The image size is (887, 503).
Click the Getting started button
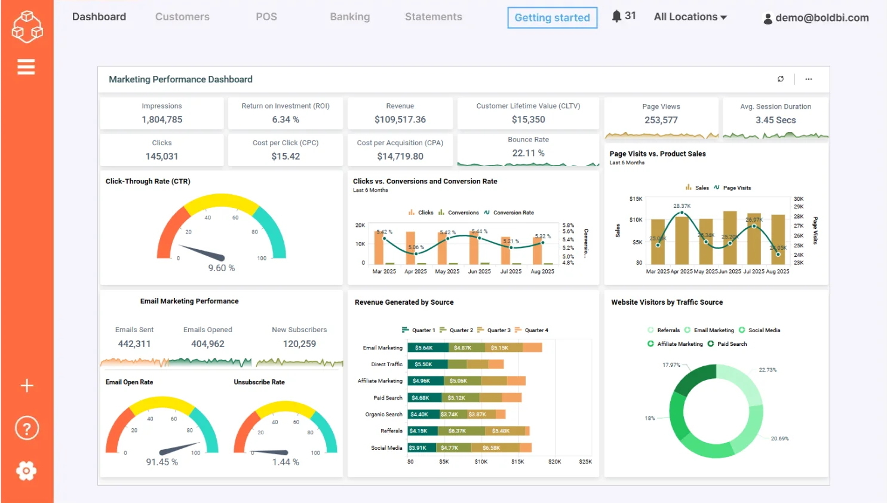(552, 18)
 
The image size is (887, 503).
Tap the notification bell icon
(616, 16)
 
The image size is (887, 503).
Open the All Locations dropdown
(690, 17)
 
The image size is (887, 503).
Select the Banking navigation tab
(349, 17)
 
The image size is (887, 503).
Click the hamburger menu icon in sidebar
(26, 67)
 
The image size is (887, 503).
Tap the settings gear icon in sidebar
(26, 471)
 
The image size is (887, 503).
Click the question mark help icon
(26, 428)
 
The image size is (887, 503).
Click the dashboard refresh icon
(780, 79)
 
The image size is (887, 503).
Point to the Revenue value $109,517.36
(400, 119)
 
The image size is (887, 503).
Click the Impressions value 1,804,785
(162, 119)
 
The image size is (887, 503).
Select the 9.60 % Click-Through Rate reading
(221, 268)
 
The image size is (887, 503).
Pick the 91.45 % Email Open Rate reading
(162, 462)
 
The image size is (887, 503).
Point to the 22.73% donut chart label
(768, 370)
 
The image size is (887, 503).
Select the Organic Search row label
(383, 414)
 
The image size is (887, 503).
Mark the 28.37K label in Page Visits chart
(682, 206)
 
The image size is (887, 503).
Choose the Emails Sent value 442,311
(134, 344)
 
